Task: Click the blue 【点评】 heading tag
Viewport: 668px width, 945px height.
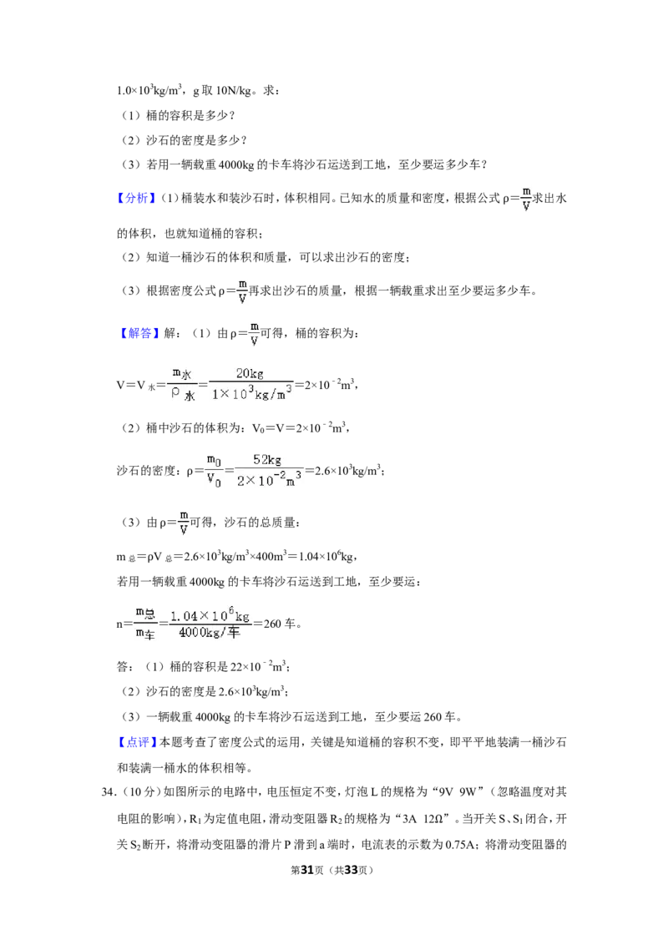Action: coord(137,742)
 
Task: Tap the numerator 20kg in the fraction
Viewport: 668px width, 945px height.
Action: coord(250,374)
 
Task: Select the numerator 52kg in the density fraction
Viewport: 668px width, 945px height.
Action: coord(267,460)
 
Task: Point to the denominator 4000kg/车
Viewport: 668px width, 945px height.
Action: coord(210,633)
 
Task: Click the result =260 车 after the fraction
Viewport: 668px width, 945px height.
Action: coord(277,624)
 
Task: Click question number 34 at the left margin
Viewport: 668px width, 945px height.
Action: coord(109,792)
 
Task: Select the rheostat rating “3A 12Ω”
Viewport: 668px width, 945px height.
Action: coord(423,818)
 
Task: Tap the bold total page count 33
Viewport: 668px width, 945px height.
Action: coord(351,870)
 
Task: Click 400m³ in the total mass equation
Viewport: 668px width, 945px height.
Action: coord(272,556)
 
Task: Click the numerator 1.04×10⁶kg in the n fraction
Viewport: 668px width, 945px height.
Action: coord(210,614)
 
